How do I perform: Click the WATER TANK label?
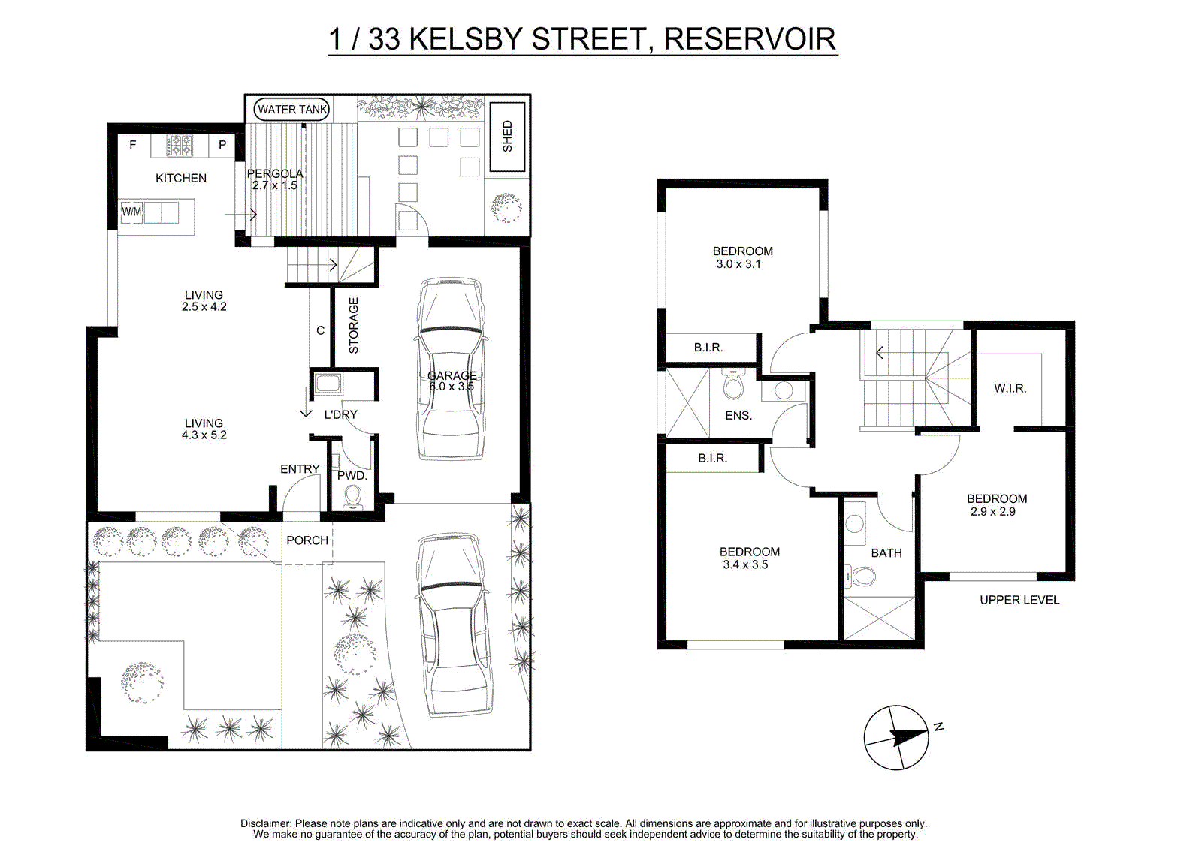(292, 110)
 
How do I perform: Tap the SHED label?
(507, 136)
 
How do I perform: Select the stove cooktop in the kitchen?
(180, 146)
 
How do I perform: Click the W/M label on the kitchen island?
(131, 211)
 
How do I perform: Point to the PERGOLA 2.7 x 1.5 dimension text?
(275, 179)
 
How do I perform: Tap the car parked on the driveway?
(452, 625)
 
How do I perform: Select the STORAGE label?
(353, 326)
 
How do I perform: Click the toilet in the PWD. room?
(352, 496)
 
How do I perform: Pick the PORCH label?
(307, 540)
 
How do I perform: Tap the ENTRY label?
(300, 468)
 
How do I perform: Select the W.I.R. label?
(1010, 388)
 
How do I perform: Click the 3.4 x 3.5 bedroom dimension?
(745, 564)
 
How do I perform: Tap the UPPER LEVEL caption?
(1019, 600)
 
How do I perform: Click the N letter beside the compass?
(938, 727)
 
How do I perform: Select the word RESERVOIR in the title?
(750, 39)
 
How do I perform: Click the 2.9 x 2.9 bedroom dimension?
(992, 512)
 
